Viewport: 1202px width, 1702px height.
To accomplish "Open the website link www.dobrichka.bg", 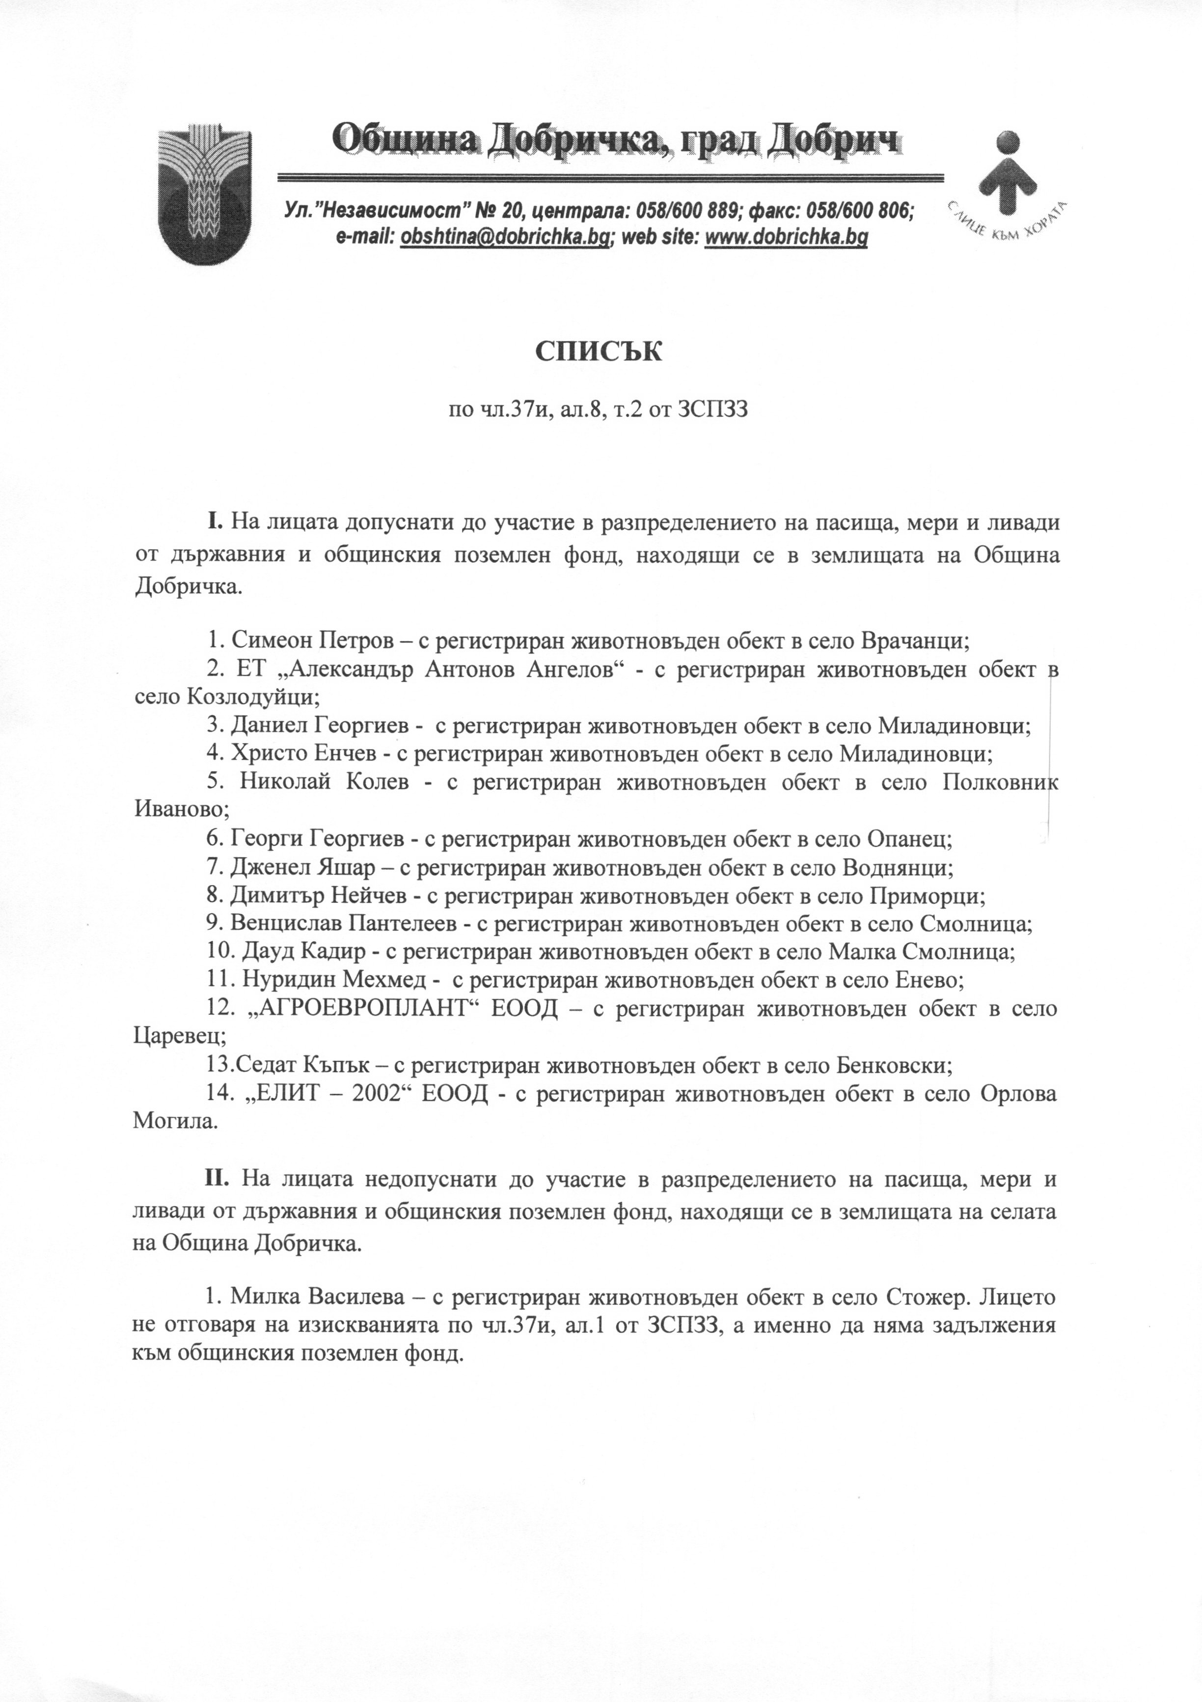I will tap(786, 237).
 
